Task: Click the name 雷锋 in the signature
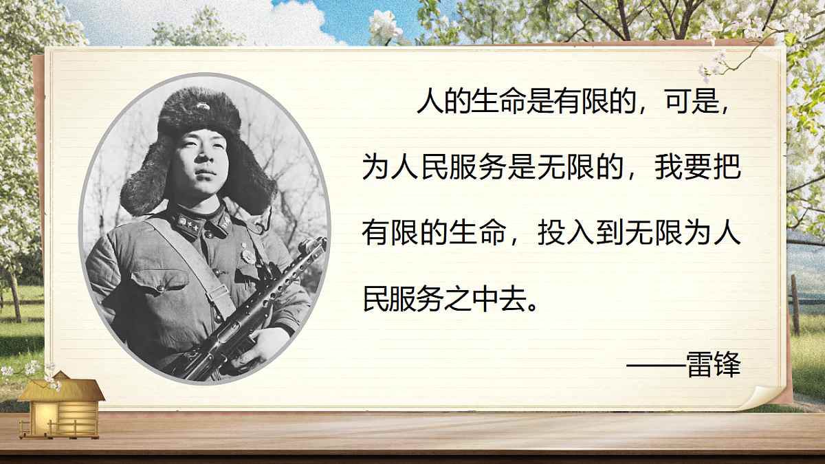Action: tap(714, 365)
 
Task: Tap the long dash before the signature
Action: tap(657, 366)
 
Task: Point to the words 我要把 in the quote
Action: tap(697, 168)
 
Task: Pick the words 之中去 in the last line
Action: tap(491, 300)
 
